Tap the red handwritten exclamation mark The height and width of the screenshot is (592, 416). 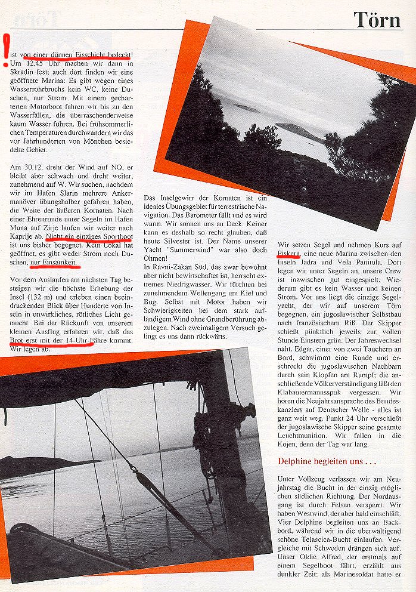[x=6, y=50]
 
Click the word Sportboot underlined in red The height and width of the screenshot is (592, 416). [x=113, y=236]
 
